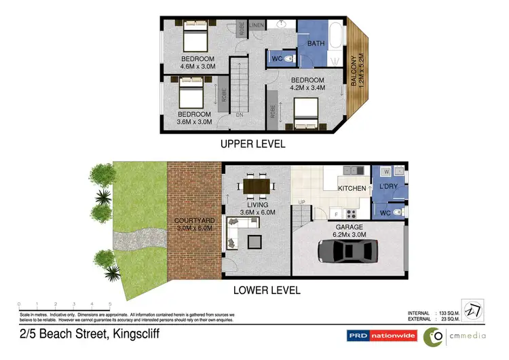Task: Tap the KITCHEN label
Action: pos(352,188)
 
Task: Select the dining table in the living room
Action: pos(258,185)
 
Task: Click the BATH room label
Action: pos(316,43)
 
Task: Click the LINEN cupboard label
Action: pos(257,25)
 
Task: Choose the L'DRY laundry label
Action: pos(387,186)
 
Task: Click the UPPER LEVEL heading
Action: pos(252,145)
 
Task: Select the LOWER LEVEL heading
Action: pos(267,291)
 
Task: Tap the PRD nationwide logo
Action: pos(381,335)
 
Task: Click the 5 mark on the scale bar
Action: pos(110,304)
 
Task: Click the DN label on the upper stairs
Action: pos(239,114)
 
